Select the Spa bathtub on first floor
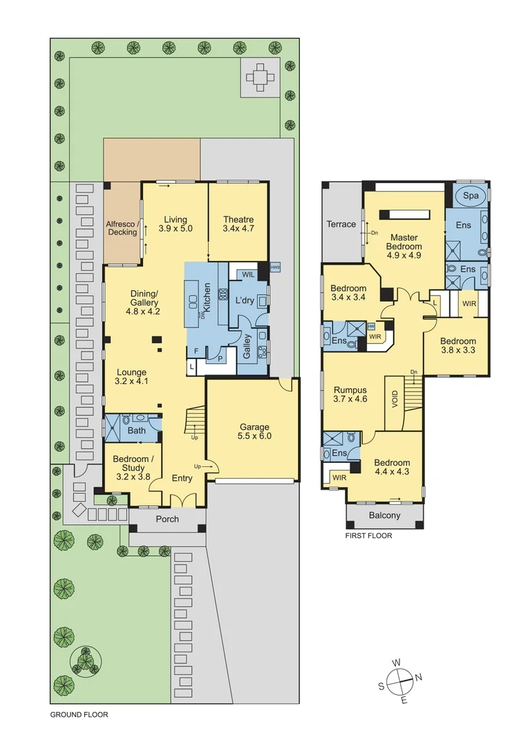point(471,196)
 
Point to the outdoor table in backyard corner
point(261,76)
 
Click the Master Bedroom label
point(404,241)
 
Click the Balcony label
point(384,515)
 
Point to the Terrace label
point(341,224)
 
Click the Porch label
point(167,519)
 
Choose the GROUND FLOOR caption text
point(79,715)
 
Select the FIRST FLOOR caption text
point(368,535)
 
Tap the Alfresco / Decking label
point(122,228)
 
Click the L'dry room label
point(245,301)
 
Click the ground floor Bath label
point(137,431)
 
